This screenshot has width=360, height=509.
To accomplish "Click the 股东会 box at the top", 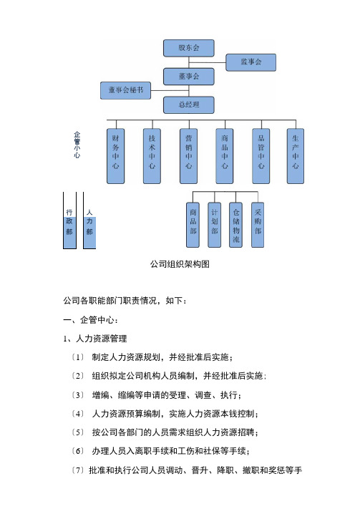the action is pyautogui.click(x=189, y=48).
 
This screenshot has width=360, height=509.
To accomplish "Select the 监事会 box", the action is pyautogui.click(x=251, y=62).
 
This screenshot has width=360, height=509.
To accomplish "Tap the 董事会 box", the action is pyautogui.click(x=189, y=77).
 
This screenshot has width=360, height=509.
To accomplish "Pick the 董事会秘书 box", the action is pyautogui.click(x=126, y=90).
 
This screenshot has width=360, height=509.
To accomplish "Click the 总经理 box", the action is pyautogui.click(x=189, y=105).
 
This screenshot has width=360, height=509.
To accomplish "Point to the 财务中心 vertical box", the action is pyautogui.click(x=115, y=156).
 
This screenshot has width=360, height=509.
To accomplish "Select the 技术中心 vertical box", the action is pyautogui.click(x=152, y=156).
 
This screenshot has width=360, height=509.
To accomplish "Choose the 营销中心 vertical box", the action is pyautogui.click(x=189, y=156).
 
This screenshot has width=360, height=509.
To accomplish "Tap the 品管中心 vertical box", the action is pyautogui.click(x=261, y=156).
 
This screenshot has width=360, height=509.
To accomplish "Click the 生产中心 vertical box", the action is pyautogui.click(x=296, y=156).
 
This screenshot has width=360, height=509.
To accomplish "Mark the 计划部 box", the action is pyautogui.click(x=214, y=225).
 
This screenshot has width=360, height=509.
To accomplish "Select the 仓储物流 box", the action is pyautogui.click(x=235, y=225).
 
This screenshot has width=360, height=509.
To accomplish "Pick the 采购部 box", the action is pyautogui.click(x=258, y=225).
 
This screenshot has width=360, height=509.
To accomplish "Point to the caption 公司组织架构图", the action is pyautogui.click(x=180, y=264).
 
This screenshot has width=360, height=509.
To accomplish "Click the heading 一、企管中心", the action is pyautogui.click(x=91, y=320).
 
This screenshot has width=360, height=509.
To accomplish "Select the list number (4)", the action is pyautogui.click(x=78, y=414).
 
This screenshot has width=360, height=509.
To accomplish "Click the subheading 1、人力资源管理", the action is pyautogui.click(x=95, y=339).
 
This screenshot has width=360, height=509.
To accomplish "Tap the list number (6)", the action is pyautogui.click(x=78, y=451).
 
